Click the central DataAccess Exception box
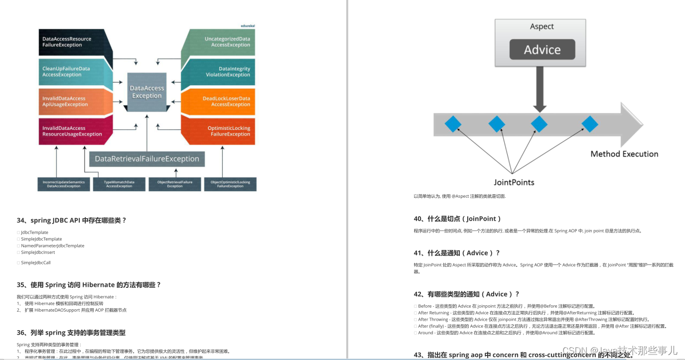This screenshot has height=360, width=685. click(x=147, y=92)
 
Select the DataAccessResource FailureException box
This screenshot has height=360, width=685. click(x=70, y=42)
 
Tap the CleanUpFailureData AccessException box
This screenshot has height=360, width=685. click(x=70, y=72)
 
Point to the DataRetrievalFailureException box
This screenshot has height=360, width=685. click(x=147, y=159)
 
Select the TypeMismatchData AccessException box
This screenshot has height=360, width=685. click(x=119, y=184)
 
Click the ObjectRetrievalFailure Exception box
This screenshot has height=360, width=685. click(x=175, y=184)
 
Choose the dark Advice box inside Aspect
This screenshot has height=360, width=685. click(x=542, y=50)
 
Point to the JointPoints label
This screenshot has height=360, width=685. click(x=514, y=182)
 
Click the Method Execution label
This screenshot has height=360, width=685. click(x=624, y=154)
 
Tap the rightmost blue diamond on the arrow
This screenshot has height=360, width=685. click(x=590, y=124)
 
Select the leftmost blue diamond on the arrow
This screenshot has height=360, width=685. click(x=453, y=124)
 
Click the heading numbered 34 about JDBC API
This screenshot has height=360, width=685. click(x=72, y=220)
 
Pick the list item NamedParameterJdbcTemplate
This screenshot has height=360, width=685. click(x=53, y=245)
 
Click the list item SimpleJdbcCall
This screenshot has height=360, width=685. click(x=36, y=262)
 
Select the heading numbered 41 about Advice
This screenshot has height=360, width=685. click(x=457, y=253)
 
